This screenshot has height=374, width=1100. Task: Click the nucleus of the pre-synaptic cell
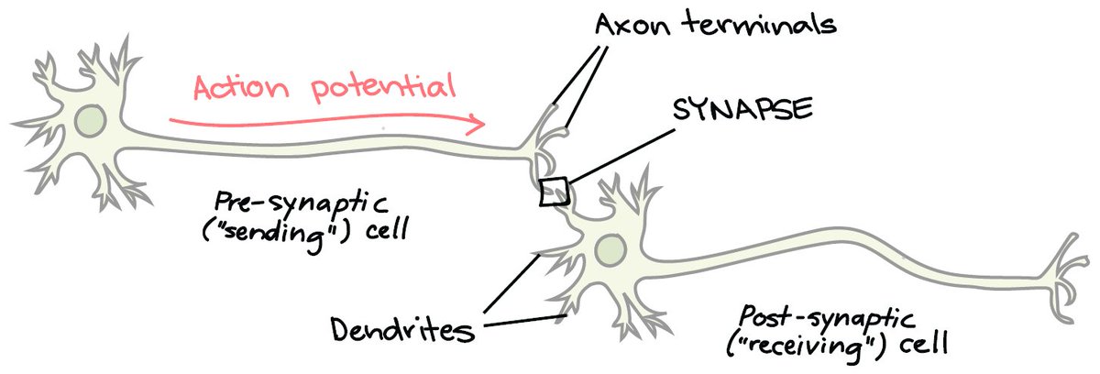pos(91,120)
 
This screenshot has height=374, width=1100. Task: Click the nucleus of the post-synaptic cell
pos(610,247)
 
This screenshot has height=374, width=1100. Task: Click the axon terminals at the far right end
pos(1069,275)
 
